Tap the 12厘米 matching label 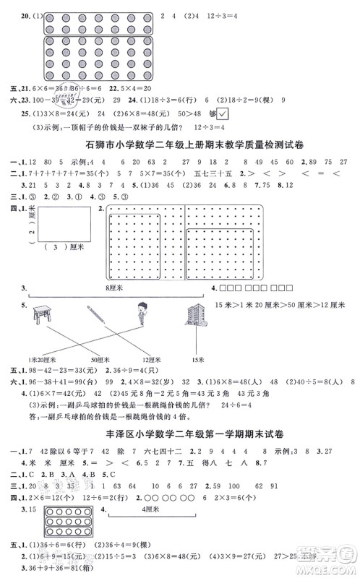coord(150,358)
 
